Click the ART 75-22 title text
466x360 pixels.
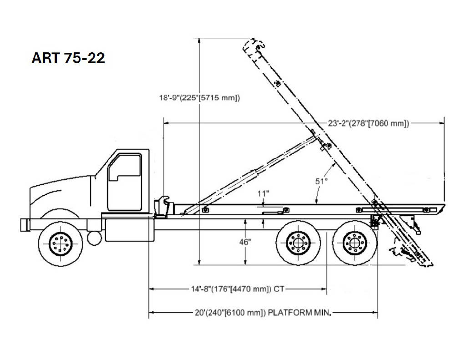68,58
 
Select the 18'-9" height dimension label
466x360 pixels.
199,98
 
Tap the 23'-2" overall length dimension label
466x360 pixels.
369,123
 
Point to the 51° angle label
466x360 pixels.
321,181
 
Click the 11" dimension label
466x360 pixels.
263,193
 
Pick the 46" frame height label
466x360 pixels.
245,242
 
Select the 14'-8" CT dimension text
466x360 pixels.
238,289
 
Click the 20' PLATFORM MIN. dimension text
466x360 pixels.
263,313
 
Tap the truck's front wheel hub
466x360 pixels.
61,244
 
